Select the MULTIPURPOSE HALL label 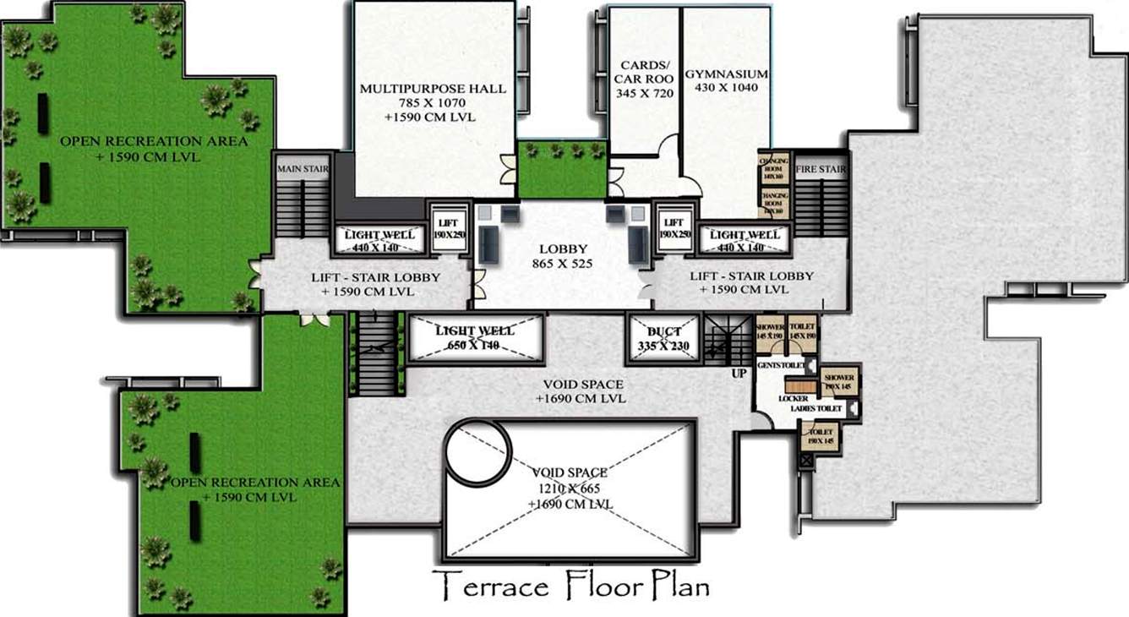click(433, 88)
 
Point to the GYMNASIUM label click(727, 74)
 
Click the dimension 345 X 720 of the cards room click(646, 93)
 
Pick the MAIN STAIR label click(303, 169)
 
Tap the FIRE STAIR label click(821, 169)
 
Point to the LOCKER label click(794, 398)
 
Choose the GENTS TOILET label click(778, 365)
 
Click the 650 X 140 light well click(475, 338)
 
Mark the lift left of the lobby click(445, 228)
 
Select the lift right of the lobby click(674, 228)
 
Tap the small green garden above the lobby click(562, 169)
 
